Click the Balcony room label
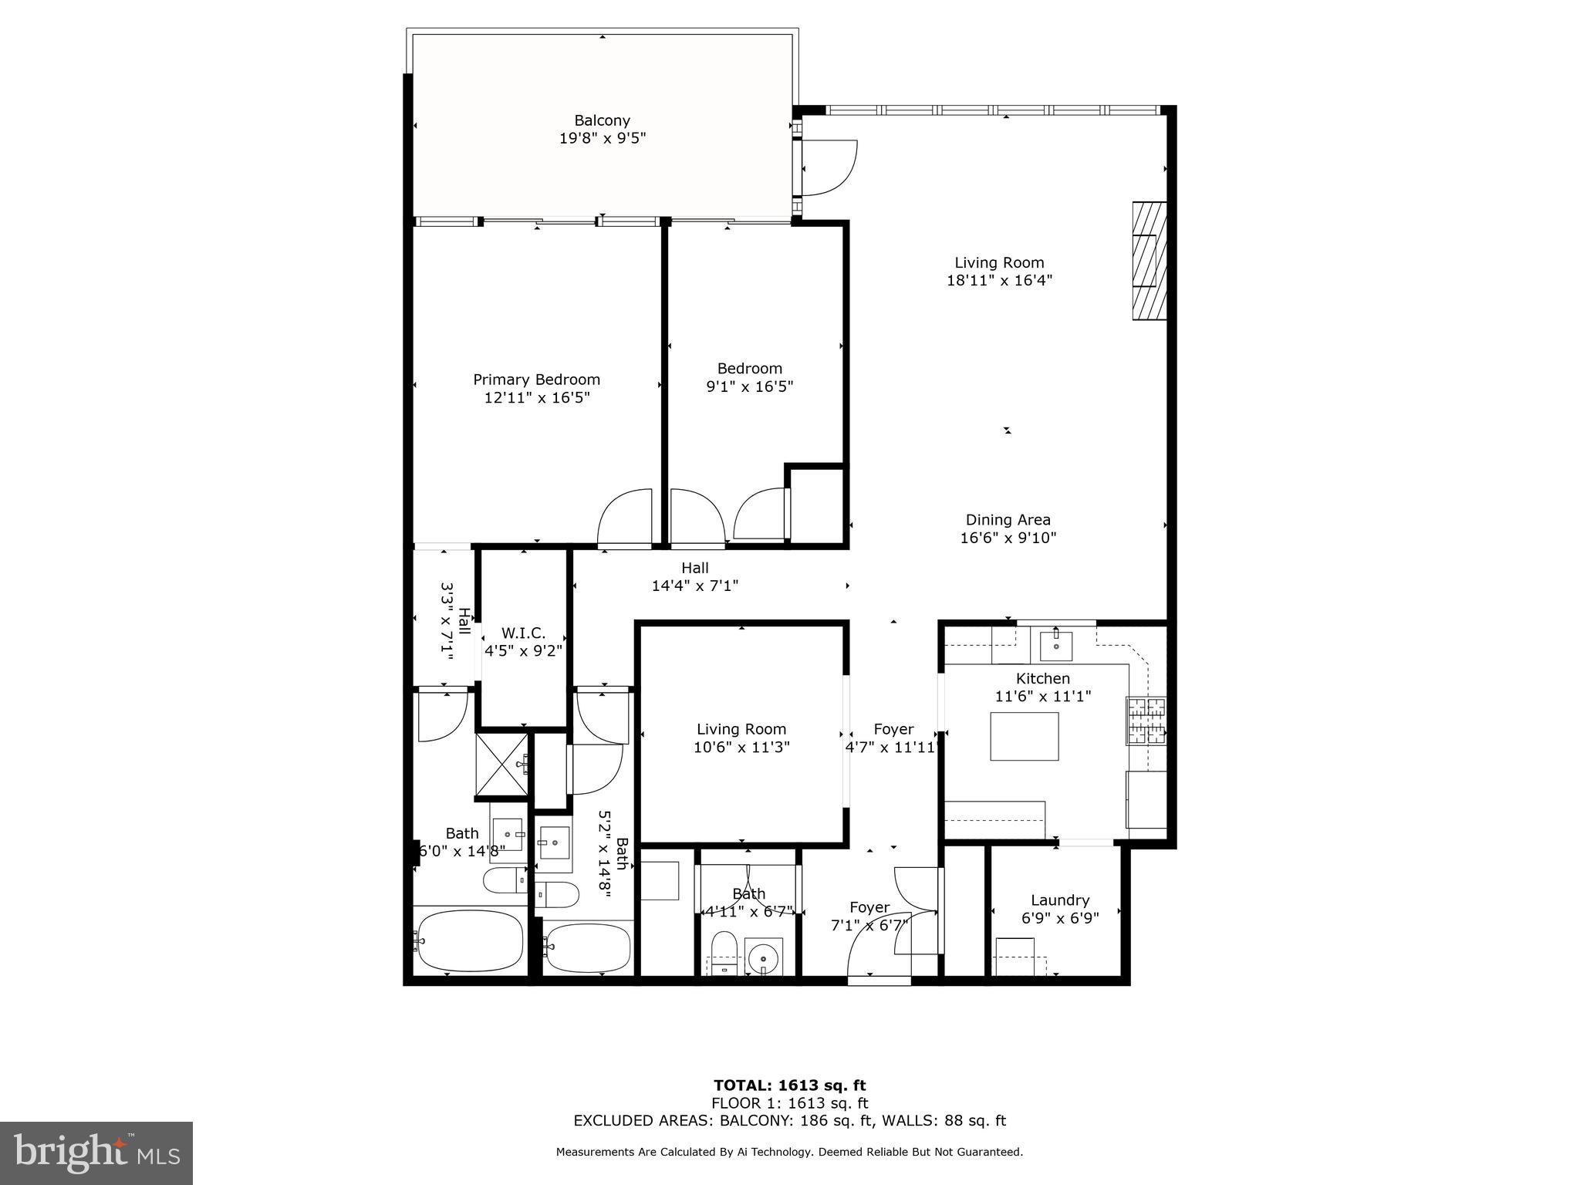click(x=602, y=120)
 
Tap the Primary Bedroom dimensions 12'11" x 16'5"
click(x=536, y=398)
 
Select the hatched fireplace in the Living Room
click(x=1149, y=261)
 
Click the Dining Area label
click(x=1008, y=520)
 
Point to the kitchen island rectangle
click(x=1024, y=736)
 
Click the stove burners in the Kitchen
click(x=1146, y=721)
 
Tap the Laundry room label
click(x=1059, y=900)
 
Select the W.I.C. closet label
click(x=523, y=633)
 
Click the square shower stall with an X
click(x=501, y=765)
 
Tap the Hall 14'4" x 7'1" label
click(x=694, y=577)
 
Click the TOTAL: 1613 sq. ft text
click(x=789, y=1085)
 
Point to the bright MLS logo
click(x=96, y=1153)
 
